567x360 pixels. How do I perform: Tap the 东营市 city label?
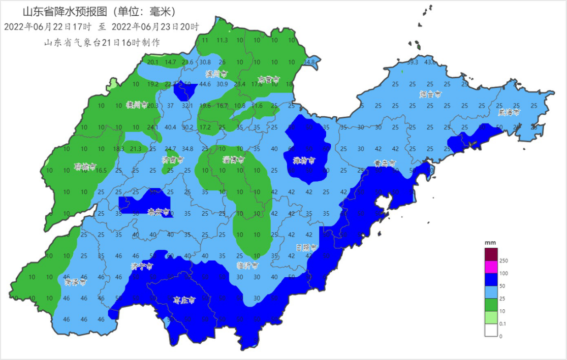pyautogui.click(x=269, y=80)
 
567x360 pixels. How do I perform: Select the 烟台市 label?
pyautogui.click(x=430, y=94)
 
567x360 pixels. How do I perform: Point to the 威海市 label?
pyautogui.click(x=509, y=112)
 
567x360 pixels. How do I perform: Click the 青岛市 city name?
pyautogui.click(x=385, y=163)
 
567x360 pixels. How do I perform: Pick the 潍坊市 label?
pyautogui.click(x=304, y=160)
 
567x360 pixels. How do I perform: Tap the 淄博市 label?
pyautogui.click(x=233, y=159)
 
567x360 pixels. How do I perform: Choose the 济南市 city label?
pyautogui.click(x=173, y=159)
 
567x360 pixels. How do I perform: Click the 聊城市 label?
pyautogui.click(x=84, y=166)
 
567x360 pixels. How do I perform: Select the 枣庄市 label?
pyautogui.click(x=184, y=300)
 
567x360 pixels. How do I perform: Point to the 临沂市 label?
pyautogui.click(x=247, y=265)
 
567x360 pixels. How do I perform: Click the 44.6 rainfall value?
pyautogui.click(x=205, y=84)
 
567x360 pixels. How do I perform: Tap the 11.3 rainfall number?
pyautogui.click(x=222, y=40)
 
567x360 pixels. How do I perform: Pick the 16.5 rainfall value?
pyautogui.click(x=101, y=171)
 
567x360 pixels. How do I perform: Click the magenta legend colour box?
pyautogui.click(x=491, y=267)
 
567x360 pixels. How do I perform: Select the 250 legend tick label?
pyautogui.click(x=504, y=260)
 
